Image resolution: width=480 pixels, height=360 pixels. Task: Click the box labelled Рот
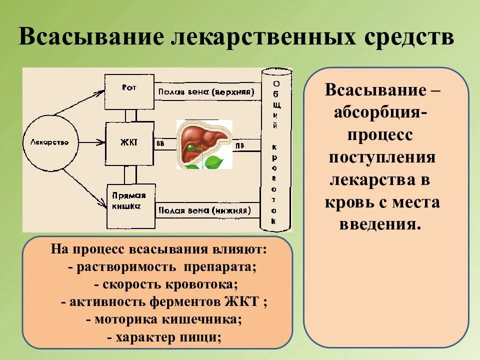pyautogui.click(x=129, y=91)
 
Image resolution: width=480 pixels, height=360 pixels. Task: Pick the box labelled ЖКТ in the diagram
pyautogui.click(x=129, y=143)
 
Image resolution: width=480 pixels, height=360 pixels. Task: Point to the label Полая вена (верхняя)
pyautogui.click(x=206, y=91)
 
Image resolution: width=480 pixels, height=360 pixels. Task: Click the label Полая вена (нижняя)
pyautogui.click(x=204, y=210)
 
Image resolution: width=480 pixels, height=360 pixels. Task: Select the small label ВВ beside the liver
pyautogui.click(x=160, y=144)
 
